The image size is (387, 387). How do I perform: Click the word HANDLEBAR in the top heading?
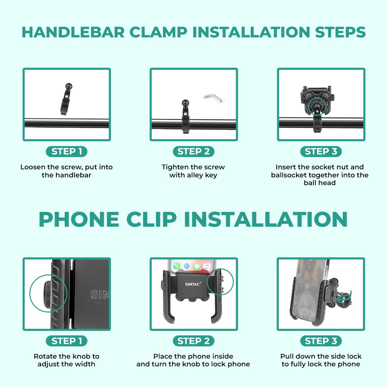pos(73,32)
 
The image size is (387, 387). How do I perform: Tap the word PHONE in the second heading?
pos(79,219)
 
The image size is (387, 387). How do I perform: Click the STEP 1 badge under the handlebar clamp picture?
pos(66,152)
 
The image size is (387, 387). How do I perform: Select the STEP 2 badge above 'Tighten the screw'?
pos(193,152)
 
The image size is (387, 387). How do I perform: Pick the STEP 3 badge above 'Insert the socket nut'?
pos(321,152)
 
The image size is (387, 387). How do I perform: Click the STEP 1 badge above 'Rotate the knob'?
pos(66,341)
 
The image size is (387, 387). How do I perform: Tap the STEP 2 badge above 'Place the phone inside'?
pos(193,341)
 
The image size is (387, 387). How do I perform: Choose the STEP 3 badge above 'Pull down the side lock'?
pos(321,341)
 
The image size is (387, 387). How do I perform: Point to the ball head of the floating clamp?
pos(69,86)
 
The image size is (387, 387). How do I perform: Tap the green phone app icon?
pos(177,266)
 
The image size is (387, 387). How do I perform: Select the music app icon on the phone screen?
pos(207,267)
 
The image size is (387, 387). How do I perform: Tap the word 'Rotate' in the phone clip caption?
pos(45,356)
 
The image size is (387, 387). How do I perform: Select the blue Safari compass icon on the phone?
pos(187,266)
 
